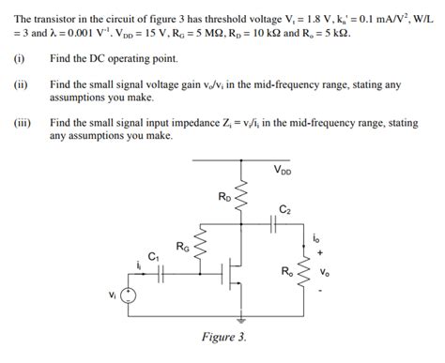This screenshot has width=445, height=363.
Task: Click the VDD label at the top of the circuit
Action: (282, 170)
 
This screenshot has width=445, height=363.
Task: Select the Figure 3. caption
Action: (223, 338)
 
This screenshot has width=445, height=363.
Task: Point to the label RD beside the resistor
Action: (223, 197)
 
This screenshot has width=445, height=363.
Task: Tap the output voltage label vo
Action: (325, 273)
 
